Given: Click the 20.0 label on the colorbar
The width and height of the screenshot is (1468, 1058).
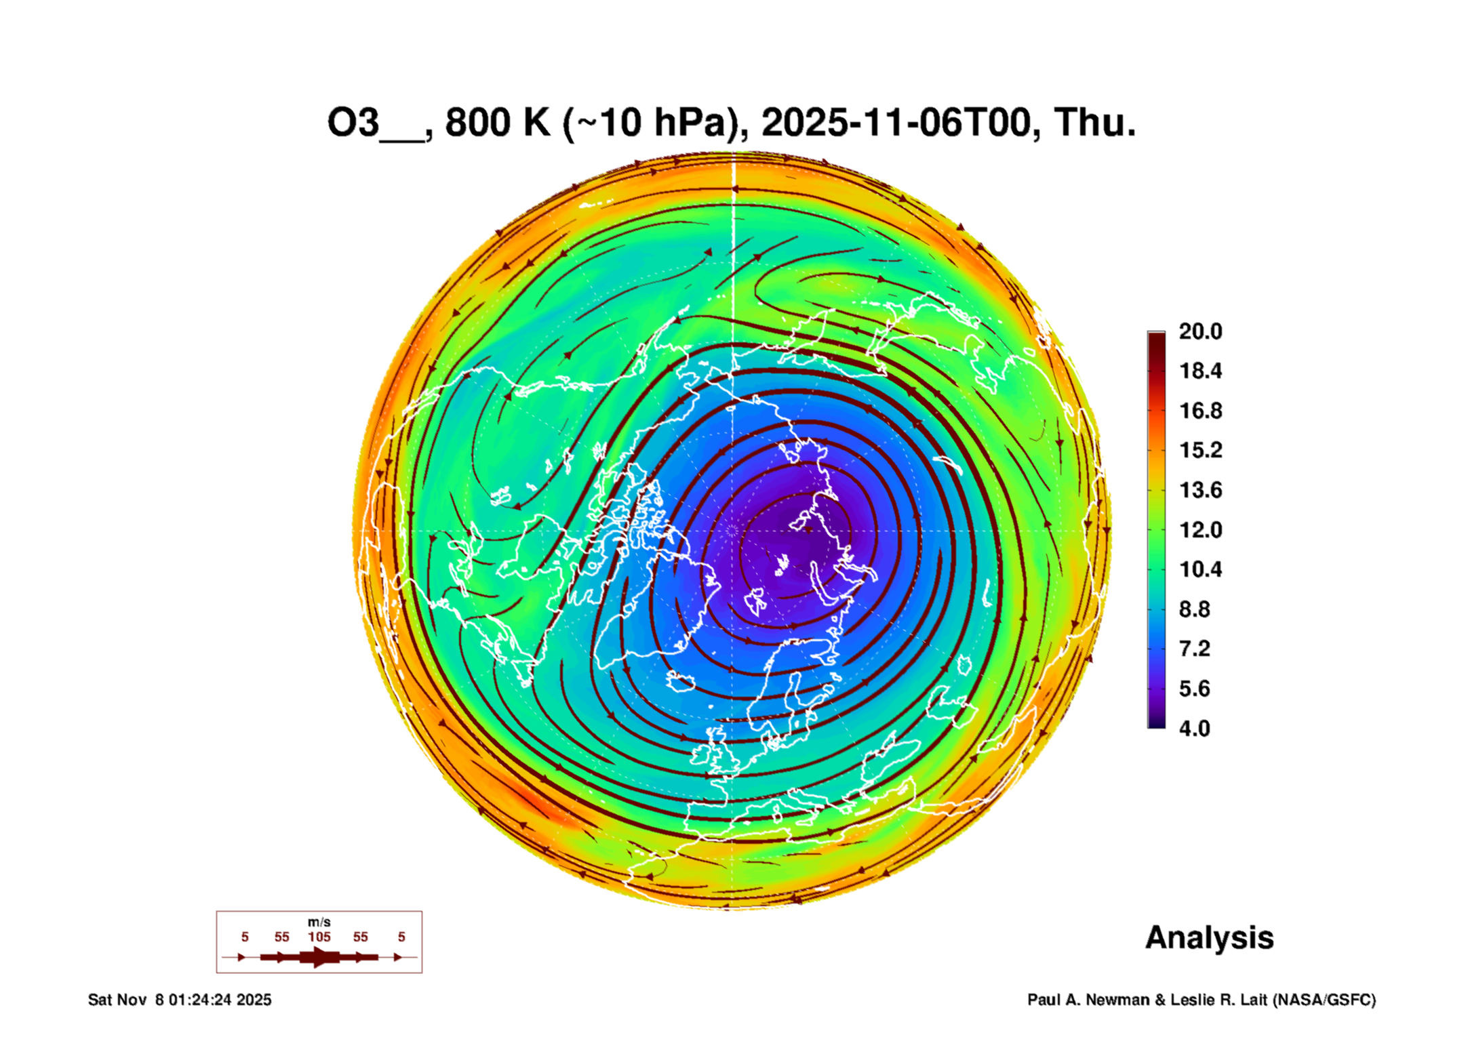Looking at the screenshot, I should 1199,331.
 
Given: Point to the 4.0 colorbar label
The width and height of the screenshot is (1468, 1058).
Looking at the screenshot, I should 1194,729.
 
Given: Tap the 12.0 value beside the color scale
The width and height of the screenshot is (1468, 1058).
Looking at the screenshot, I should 1199,530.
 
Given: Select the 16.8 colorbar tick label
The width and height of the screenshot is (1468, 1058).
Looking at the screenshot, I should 1199,411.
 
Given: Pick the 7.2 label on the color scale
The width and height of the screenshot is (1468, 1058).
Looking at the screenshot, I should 1194,649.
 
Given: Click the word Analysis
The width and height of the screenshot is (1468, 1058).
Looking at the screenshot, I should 1209,938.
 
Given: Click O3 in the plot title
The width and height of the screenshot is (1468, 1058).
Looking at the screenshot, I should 353,123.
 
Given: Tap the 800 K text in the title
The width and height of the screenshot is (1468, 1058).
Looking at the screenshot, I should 497,123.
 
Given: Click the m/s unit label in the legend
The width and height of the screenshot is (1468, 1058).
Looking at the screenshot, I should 319,922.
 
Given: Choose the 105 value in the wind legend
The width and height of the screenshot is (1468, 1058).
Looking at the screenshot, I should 319,937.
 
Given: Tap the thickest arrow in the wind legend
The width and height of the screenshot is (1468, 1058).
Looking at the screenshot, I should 320,957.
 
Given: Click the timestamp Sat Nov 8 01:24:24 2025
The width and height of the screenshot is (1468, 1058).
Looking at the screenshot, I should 180,1000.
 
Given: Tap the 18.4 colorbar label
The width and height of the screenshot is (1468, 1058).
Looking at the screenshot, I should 1199,371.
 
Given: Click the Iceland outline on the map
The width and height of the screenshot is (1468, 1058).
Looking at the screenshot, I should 681,681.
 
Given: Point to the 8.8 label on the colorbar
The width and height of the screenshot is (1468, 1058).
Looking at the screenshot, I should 1194,609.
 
